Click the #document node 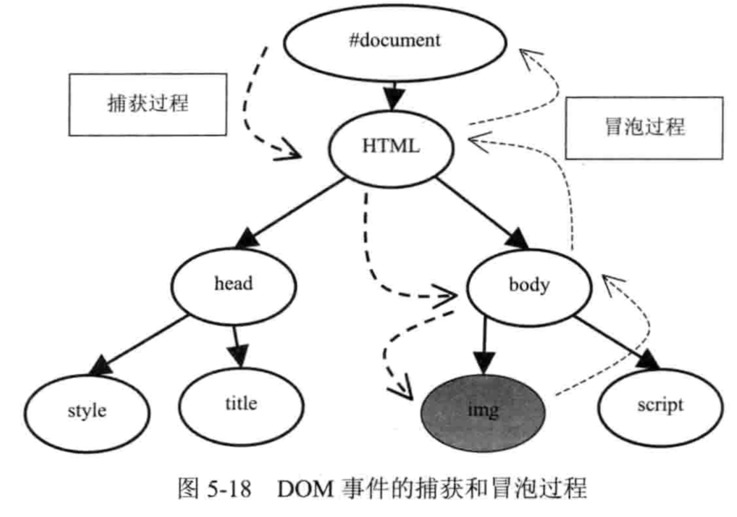(x=395, y=41)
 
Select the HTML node (x=391, y=146)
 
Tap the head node (x=233, y=284)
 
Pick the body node (x=528, y=286)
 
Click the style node (x=87, y=411)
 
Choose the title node (x=241, y=404)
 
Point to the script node (x=660, y=406)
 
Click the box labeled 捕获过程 (x=148, y=104)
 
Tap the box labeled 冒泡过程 (x=644, y=127)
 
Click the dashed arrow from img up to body (x=645, y=339)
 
